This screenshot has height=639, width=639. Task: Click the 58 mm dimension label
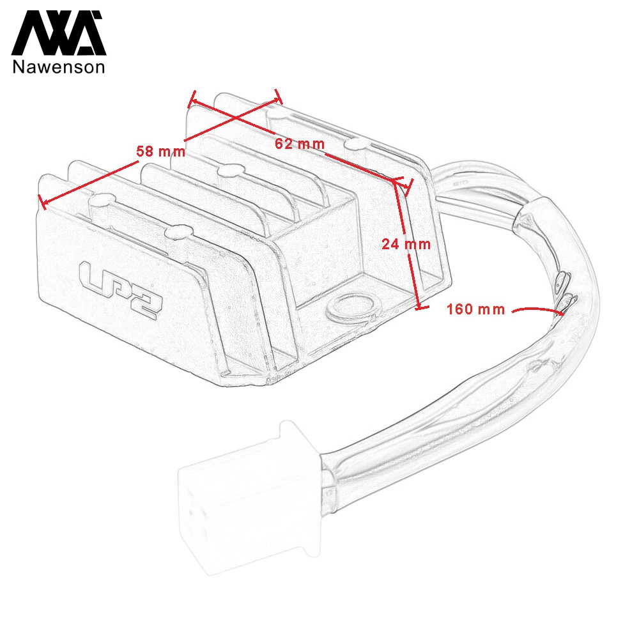click(160, 151)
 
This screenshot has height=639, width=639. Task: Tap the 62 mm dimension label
click(300, 144)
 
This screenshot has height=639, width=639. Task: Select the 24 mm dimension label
click(406, 243)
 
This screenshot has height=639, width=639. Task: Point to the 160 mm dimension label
click(475, 309)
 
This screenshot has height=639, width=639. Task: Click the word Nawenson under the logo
click(59, 66)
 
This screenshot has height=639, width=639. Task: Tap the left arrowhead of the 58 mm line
click(43, 203)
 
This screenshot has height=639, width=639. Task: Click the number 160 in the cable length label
click(460, 309)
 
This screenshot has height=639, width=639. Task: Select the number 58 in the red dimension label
click(145, 151)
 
